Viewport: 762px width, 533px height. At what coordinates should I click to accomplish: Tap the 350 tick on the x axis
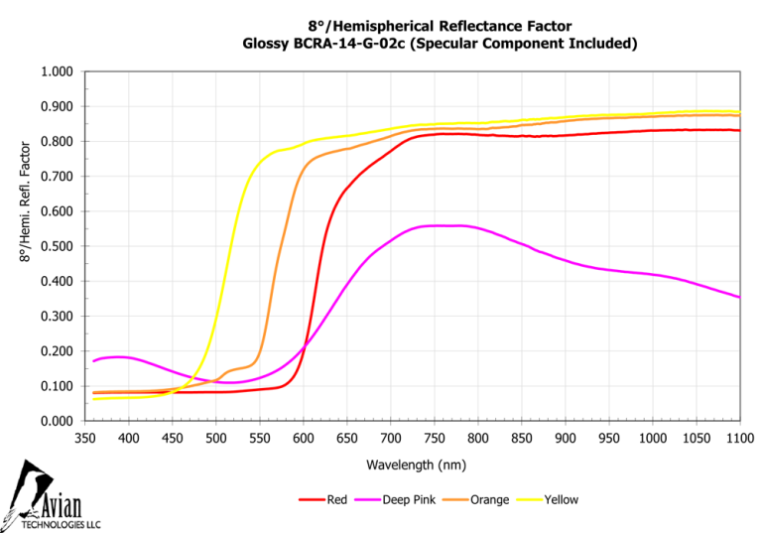pos(84,438)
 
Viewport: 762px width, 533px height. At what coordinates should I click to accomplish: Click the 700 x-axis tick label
pos(390,438)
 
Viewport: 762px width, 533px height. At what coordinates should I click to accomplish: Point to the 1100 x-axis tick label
pos(739,438)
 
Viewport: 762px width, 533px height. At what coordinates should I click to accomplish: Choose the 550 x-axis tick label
pos(259,438)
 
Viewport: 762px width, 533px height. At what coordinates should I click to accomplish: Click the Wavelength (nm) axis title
pos(412,464)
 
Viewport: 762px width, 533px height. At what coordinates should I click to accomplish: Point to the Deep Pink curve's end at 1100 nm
pos(739,297)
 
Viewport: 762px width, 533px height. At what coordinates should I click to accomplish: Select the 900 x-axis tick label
pos(565,438)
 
